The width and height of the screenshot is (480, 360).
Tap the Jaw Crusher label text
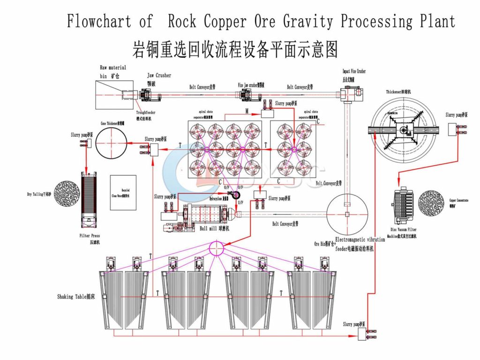159,75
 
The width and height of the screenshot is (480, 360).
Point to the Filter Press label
90,236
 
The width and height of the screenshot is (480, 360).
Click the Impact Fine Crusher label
354,71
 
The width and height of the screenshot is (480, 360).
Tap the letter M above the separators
247,111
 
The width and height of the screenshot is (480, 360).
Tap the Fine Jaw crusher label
252,85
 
